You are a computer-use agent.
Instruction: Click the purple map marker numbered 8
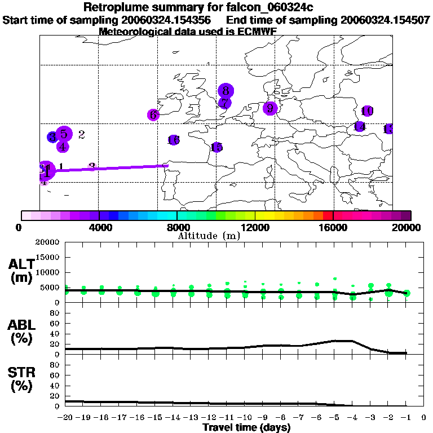226,90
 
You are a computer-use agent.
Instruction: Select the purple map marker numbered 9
270,108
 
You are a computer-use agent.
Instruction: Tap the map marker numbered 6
153,114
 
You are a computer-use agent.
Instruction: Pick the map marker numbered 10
367,111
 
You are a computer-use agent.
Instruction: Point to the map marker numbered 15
216,147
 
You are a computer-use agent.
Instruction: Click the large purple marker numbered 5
64,134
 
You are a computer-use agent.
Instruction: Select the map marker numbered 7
224,103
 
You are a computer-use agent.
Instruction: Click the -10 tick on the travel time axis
245,418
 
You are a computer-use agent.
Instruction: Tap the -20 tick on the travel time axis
66,418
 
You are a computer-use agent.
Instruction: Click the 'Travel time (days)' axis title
246,428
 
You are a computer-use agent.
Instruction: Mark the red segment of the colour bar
327,215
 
